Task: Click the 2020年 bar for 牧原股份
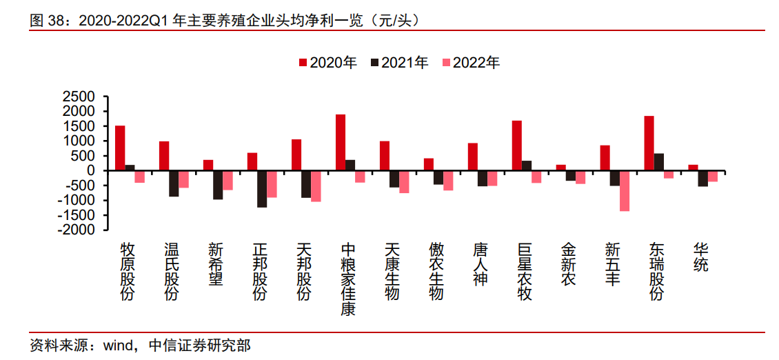120,148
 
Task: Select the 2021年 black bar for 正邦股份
262,188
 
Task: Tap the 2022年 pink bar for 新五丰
625,190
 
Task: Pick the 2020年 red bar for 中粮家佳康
341,142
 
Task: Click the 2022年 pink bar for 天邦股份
316,186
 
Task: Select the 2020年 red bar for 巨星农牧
517,146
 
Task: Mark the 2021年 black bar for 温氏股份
174,183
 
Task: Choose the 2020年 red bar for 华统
693,168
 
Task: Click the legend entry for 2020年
327,63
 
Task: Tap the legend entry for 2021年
399,63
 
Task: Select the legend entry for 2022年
472,63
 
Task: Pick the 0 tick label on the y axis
99,170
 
